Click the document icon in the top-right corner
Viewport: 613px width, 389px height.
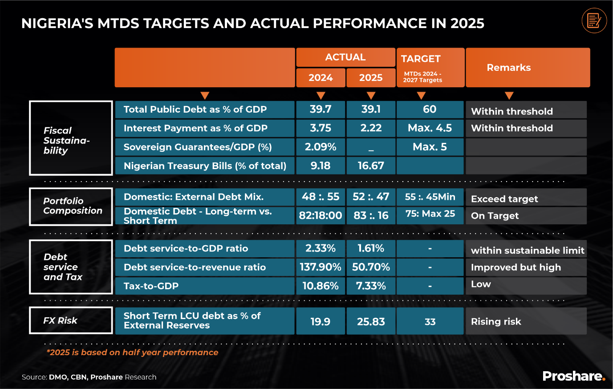(594, 20)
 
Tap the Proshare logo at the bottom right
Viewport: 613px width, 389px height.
(574, 376)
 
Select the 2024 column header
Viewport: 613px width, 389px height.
(321, 77)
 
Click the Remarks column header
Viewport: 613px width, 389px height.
(509, 68)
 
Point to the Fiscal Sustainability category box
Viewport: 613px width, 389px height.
(71, 138)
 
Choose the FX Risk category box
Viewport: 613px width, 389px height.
(71, 320)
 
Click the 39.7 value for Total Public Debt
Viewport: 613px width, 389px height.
(321, 109)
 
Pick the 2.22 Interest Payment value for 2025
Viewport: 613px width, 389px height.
(371, 128)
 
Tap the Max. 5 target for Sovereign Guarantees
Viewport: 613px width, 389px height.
(430, 147)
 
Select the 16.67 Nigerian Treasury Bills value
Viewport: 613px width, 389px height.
(371, 166)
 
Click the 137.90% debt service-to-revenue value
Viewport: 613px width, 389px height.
(321, 267)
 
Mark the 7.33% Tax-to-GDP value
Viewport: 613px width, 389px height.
(371, 286)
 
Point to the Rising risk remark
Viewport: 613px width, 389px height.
(496, 321)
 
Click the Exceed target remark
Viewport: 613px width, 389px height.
(504, 199)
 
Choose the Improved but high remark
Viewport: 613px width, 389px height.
(516, 267)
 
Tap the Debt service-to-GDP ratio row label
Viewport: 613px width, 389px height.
(186, 248)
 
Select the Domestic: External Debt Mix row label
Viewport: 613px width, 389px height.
(194, 197)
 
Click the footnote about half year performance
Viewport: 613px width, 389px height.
(133, 353)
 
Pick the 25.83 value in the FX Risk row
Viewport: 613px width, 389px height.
(371, 321)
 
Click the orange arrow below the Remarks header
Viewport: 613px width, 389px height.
(509, 96)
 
